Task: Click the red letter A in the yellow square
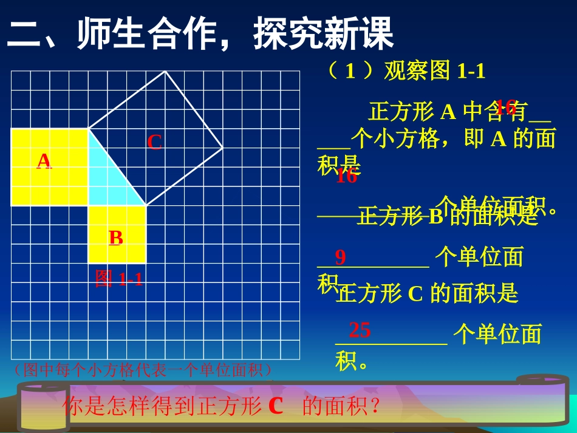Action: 44,161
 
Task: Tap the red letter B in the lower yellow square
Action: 116,238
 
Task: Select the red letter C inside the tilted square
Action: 155,143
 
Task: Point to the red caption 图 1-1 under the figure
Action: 119,279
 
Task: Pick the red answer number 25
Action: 360,330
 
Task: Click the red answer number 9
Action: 340,257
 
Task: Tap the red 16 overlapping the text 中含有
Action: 505,107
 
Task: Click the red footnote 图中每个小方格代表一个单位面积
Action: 142,370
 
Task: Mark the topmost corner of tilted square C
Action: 165,72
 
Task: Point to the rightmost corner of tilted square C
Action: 223,148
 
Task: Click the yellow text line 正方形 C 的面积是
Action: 427,294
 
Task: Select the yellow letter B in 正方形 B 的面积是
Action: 436,217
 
